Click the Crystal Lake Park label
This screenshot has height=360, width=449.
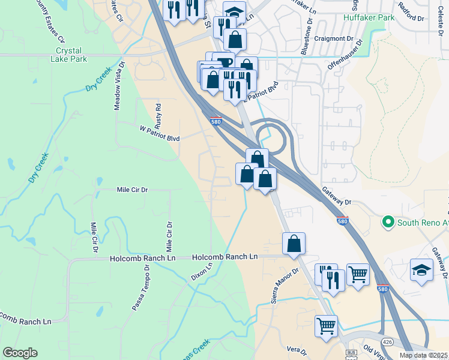71,55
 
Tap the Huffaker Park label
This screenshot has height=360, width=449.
369,18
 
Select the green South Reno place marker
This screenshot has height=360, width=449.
388,223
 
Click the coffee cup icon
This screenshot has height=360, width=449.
223,62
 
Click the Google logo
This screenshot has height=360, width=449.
20,353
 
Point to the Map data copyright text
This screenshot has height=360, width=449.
424,355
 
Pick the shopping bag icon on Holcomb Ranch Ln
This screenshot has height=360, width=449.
294,244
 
